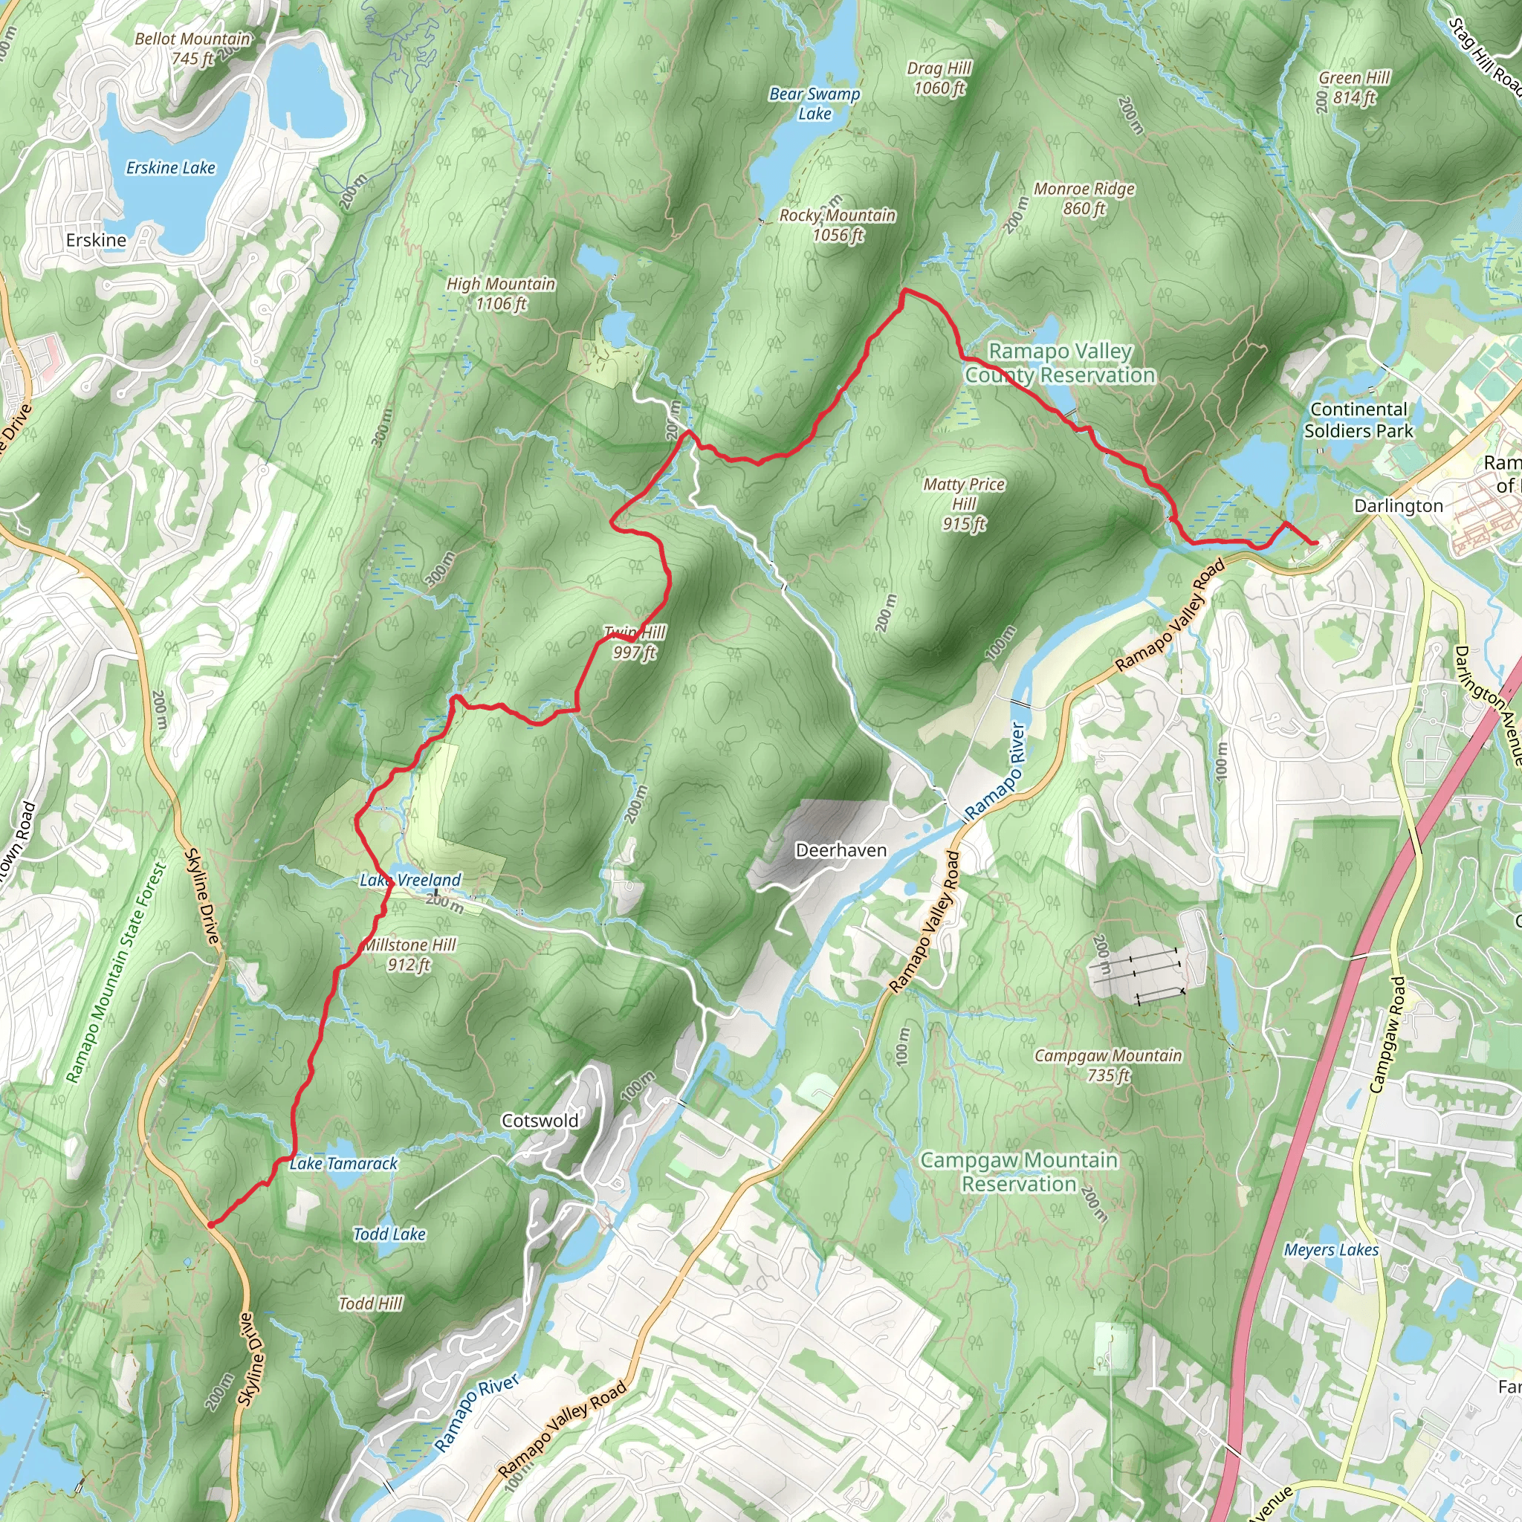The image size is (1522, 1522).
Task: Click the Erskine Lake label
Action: tap(170, 168)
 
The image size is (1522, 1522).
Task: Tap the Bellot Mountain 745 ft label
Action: tap(192, 48)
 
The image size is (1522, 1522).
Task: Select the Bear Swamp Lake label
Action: tap(815, 104)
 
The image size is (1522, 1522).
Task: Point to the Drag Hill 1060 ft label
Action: tap(939, 78)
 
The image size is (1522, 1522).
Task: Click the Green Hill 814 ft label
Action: tap(1354, 88)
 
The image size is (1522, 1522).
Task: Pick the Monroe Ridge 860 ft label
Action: tap(1084, 198)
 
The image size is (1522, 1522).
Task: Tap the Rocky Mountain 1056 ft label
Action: tap(838, 224)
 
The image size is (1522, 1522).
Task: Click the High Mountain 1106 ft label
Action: tap(501, 293)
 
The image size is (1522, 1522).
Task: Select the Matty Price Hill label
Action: tap(963, 504)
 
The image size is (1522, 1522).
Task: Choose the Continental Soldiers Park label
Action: tap(1359, 420)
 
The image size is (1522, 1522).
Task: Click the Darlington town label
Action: tap(1399, 506)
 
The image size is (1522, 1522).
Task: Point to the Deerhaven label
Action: tap(841, 851)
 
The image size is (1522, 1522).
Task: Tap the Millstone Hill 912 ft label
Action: tap(409, 954)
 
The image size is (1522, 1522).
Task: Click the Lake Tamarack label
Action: tap(343, 1164)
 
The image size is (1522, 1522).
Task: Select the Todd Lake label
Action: tap(389, 1234)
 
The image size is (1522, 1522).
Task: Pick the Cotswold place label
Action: tap(540, 1120)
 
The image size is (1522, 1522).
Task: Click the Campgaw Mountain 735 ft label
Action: tap(1107, 1065)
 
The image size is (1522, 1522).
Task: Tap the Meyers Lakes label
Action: tap(1330, 1250)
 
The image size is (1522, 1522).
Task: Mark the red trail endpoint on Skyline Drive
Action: tap(210, 1224)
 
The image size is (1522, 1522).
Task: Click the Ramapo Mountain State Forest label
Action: tap(116, 973)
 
